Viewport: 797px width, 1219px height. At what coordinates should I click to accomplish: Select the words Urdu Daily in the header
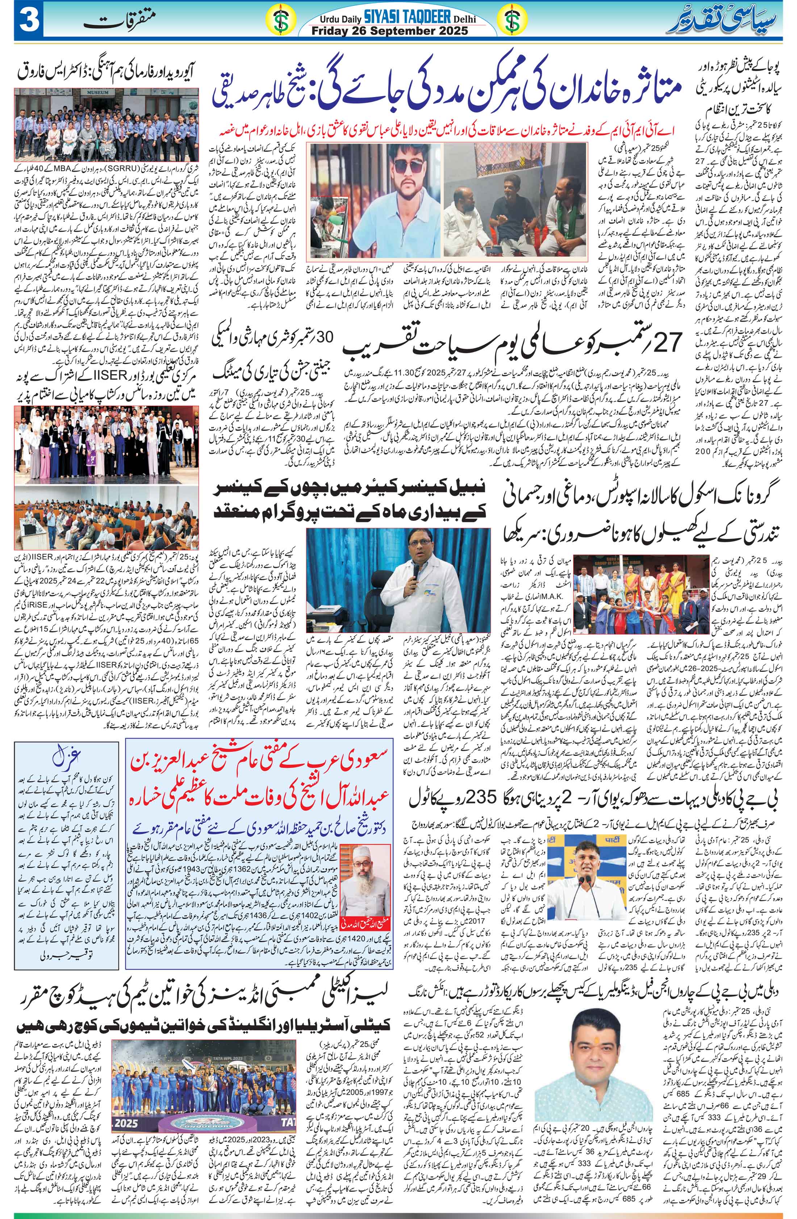[339, 19]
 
